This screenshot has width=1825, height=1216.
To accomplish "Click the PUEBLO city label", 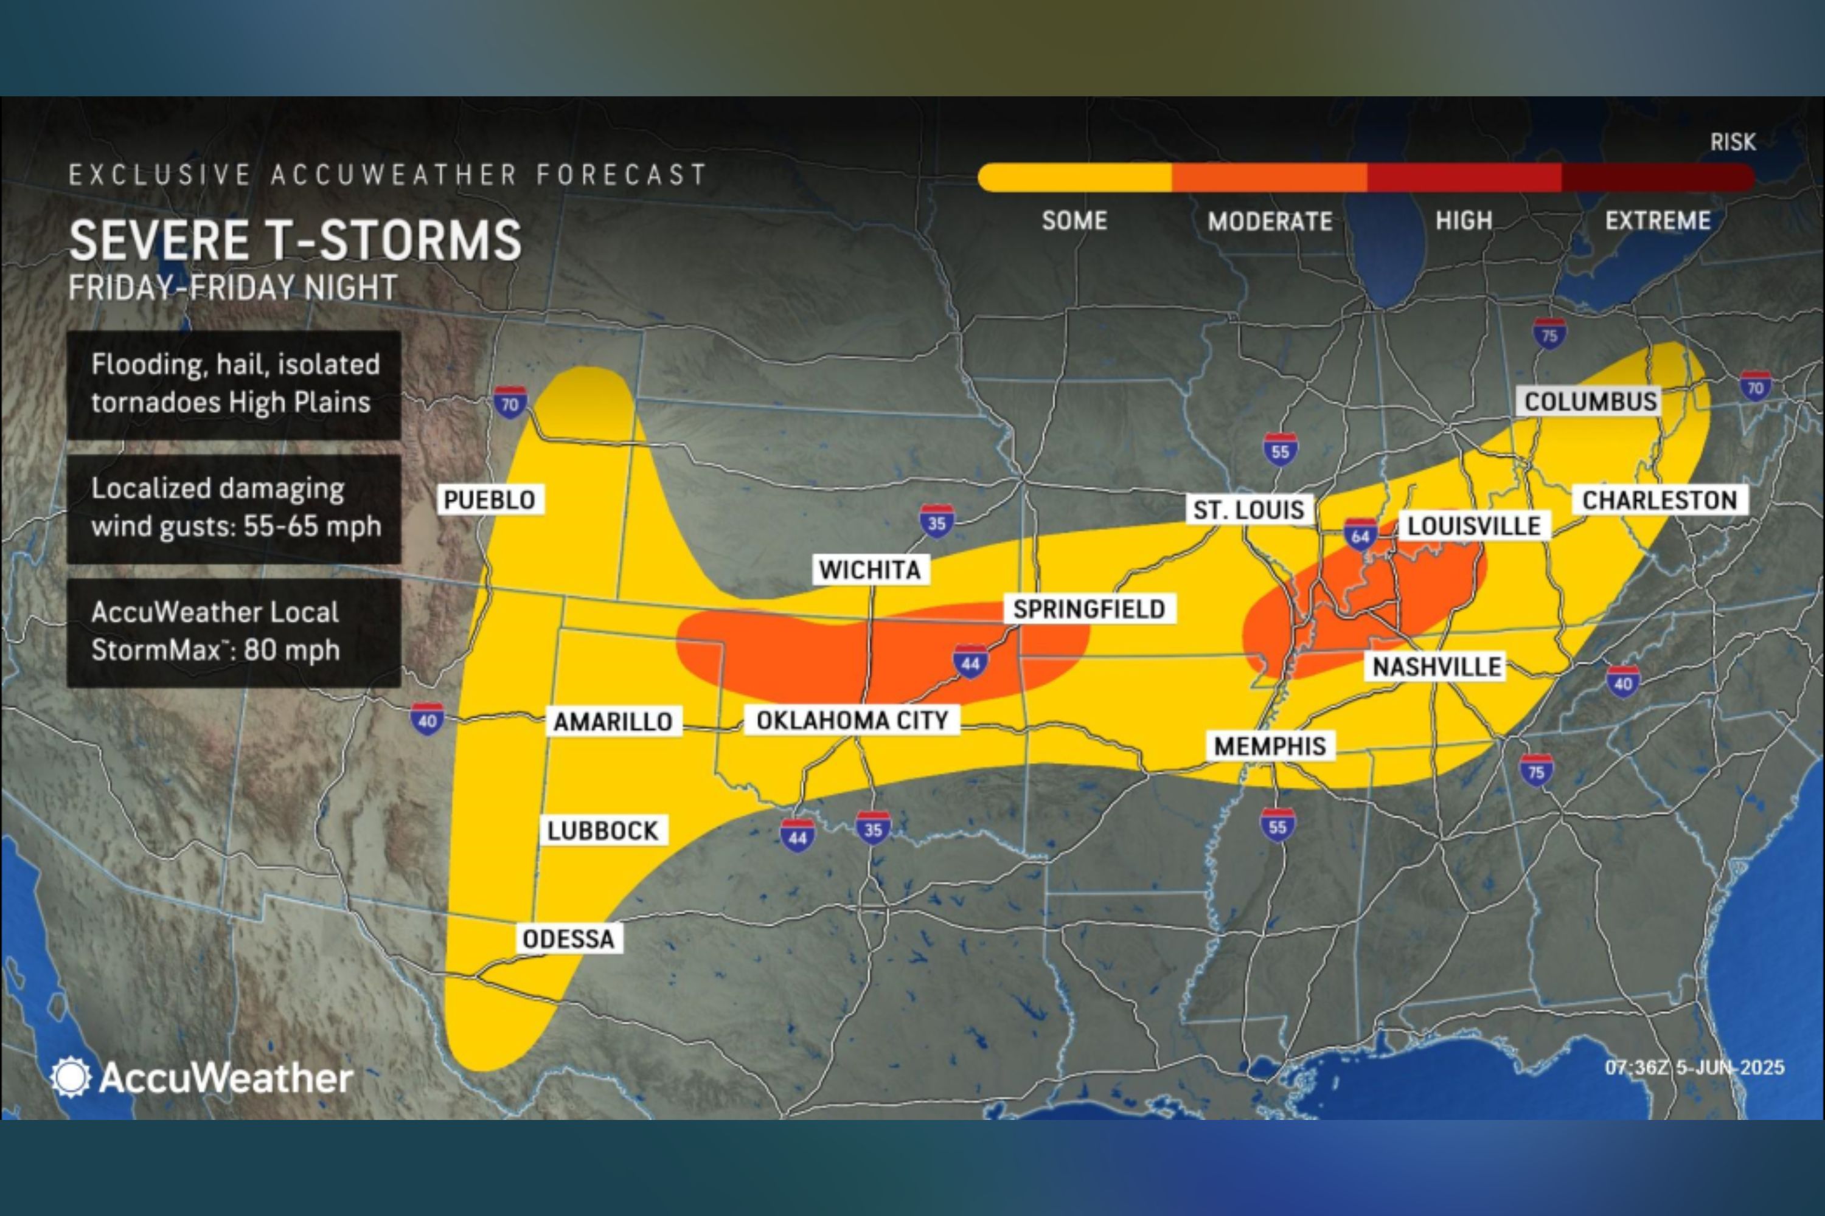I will click(490, 499).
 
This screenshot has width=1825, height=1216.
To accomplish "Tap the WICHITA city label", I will click(870, 569).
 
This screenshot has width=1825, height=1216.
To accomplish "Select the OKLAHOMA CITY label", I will click(852, 720).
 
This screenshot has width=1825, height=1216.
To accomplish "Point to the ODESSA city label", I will click(569, 938).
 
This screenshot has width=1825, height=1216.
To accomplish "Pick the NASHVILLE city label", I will click(1436, 666).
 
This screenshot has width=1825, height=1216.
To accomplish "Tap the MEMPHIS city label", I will click(1270, 746).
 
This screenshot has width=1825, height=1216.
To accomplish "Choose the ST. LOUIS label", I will click(1248, 510).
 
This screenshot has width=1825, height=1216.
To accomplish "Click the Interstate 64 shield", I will click(1360, 535).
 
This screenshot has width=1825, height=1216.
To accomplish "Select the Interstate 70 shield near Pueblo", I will click(510, 402).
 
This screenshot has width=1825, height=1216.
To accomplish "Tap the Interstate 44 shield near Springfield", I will click(970, 662).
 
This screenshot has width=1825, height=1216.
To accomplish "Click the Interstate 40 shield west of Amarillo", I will click(427, 719).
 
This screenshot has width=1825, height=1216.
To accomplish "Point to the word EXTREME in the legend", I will click(1657, 221).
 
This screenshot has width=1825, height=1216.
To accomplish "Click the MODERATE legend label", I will click(1270, 222).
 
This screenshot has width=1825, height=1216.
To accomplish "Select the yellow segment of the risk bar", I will click(1075, 178).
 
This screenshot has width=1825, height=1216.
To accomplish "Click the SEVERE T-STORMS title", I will click(295, 240).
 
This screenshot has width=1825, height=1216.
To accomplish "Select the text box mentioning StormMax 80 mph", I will click(234, 632).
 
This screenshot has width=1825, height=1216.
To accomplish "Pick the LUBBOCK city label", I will click(603, 831).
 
